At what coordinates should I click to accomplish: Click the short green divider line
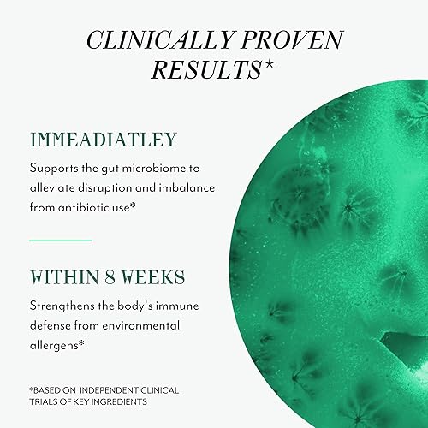(60, 241)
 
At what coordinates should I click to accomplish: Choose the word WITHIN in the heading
(65, 279)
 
